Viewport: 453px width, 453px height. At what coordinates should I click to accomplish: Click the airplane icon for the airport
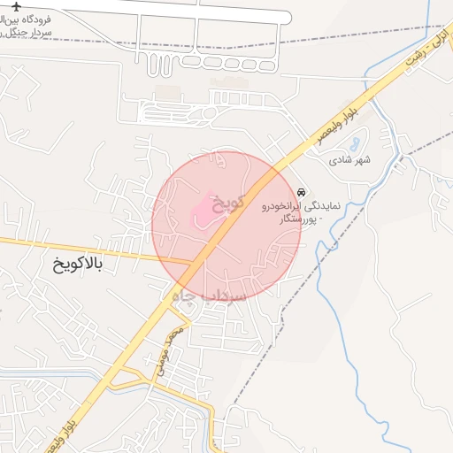click(x=15, y=7)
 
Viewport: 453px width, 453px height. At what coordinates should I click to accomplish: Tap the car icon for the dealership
click(x=302, y=192)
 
